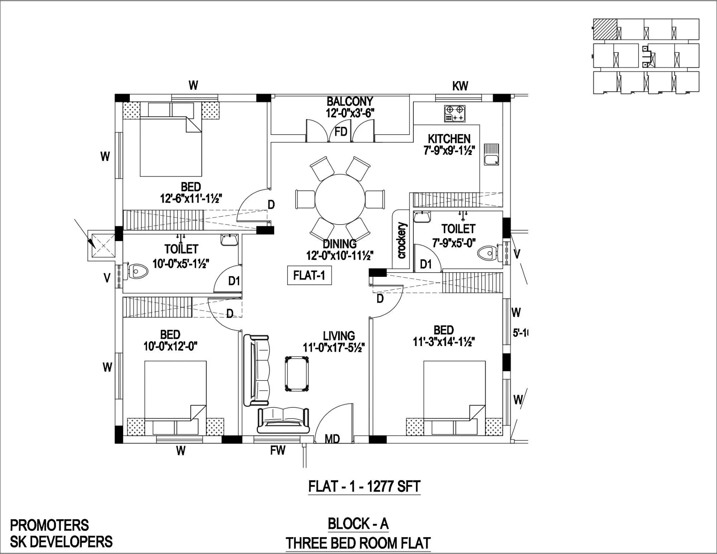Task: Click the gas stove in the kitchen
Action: [x=455, y=114]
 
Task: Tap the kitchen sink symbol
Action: [x=491, y=155]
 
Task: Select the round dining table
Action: [x=340, y=199]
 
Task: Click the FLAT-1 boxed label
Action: [x=309, y=275]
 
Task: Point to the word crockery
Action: [x=402, y=240]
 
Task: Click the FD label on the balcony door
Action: [x=341, y=132]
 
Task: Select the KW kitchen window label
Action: [x=460, y=86]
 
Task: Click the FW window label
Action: [x=277, y=450]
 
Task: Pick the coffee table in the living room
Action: [x=296, y=374]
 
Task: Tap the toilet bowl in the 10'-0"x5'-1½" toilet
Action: [x=138, y=271]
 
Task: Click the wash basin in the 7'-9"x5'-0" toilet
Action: [x=422, y=217]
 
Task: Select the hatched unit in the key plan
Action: [x=605, y=29]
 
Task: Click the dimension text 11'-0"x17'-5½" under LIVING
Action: [x=334, y=347]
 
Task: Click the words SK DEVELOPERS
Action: [x=61, y=541]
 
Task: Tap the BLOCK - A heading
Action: [x=358, y=524]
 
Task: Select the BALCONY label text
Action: [x=350, y=101]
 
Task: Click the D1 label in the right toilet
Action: [x=426, y=264]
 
